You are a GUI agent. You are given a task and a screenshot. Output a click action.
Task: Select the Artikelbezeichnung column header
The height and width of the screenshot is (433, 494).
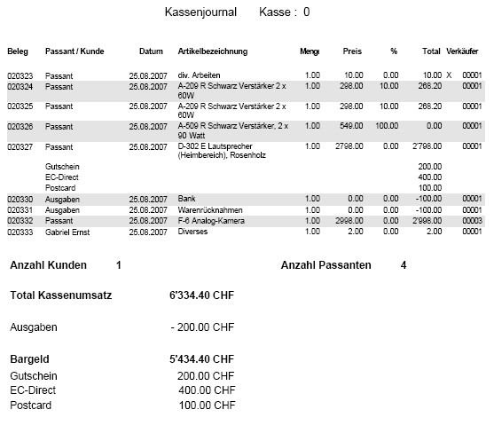tap(212, 51)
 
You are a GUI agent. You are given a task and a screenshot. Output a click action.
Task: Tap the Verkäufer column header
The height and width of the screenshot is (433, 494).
tap(464, 51)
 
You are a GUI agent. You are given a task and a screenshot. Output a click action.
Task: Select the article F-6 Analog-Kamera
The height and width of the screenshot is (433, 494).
tap(213, 220)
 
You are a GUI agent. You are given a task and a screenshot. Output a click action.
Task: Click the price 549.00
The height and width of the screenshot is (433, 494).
tap(351, 126)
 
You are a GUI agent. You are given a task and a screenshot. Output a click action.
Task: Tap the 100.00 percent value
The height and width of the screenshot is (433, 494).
tap(386, 126)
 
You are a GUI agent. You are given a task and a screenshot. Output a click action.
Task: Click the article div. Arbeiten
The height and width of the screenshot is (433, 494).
tap(200, 75)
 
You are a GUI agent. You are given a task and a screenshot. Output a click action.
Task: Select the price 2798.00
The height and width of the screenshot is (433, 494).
tap(349, 146)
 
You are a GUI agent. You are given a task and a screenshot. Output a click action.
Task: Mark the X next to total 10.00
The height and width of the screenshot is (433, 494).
tap(449, 75)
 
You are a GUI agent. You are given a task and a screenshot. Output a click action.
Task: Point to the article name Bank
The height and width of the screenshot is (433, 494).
tap(186, 199)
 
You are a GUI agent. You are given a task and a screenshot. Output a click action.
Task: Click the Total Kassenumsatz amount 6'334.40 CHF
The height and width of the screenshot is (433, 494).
tap(201, 295)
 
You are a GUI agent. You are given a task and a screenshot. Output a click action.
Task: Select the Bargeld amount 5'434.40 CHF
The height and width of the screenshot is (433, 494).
tap(201, 359)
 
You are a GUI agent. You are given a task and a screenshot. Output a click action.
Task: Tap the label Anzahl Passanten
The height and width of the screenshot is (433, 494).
tap(325, 265)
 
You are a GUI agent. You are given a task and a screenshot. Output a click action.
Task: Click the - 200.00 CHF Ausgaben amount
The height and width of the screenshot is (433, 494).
tap(202, 327)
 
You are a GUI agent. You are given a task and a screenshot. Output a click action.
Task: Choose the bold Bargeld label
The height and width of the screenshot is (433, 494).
tap(30, 359)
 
